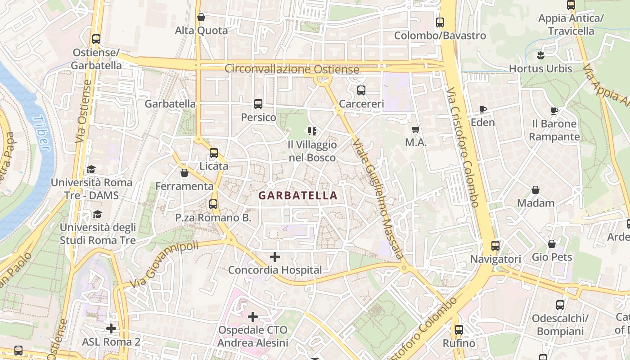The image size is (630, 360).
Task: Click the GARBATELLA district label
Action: (298, 195)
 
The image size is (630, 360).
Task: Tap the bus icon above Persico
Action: (258, 104)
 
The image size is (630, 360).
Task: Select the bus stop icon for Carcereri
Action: (361, 90)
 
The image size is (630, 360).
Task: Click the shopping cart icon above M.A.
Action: (416, 129)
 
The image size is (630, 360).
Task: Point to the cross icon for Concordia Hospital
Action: (275, 257)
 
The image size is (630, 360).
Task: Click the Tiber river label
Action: (42, 132)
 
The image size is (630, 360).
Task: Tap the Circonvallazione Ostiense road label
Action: (292, 69)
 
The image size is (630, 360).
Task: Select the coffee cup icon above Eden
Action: (482, 109)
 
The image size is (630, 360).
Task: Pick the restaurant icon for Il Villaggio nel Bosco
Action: (312, 131)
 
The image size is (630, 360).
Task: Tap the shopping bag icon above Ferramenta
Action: (184, 173)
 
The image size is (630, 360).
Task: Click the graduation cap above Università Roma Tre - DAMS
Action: (91, 169)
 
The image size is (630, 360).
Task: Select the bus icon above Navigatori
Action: (495, 246)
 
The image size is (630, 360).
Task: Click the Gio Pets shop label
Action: (552, 257)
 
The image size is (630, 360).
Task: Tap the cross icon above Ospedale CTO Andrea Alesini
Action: (253, 317)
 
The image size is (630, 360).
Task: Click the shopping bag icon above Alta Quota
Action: (201, 17)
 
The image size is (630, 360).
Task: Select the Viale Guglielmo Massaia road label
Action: (378, 198)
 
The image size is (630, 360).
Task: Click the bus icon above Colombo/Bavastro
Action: (440, 22)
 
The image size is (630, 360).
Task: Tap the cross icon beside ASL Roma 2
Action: (111, 328)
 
